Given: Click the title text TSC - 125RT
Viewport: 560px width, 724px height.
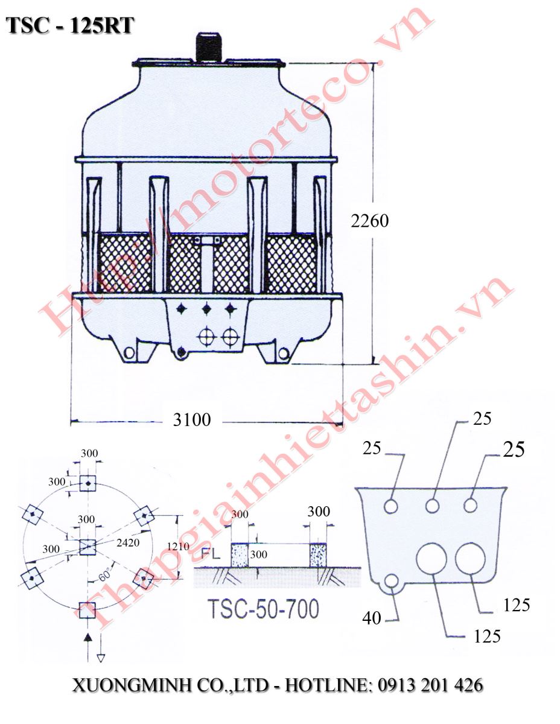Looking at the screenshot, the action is point(69,26).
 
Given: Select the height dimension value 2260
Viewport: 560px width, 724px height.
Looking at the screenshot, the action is point(369,221).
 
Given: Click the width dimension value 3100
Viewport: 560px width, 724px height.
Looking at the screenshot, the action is point(192,419).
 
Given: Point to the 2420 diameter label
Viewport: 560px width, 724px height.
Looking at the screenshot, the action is point(128,542).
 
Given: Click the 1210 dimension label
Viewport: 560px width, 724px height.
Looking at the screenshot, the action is point(178,547).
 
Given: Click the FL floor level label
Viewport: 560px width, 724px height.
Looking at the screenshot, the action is point(211,554).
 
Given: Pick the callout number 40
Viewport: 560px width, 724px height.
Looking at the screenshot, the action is point(372,618).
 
